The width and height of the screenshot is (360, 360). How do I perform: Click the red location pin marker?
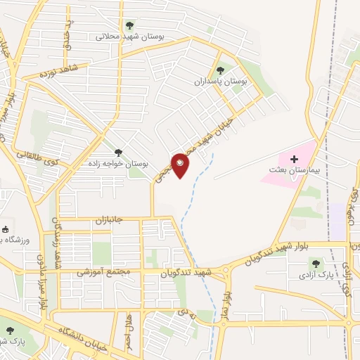point(181,165)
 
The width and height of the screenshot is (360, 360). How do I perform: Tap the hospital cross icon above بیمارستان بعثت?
point(294,160)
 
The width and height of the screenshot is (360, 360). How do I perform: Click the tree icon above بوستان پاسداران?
point(221,70)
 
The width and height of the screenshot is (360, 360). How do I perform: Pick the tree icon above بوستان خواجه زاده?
point(117,152)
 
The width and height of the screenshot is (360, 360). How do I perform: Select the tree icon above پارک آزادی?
point(315,262)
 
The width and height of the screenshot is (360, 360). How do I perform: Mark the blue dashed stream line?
point(188,204)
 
